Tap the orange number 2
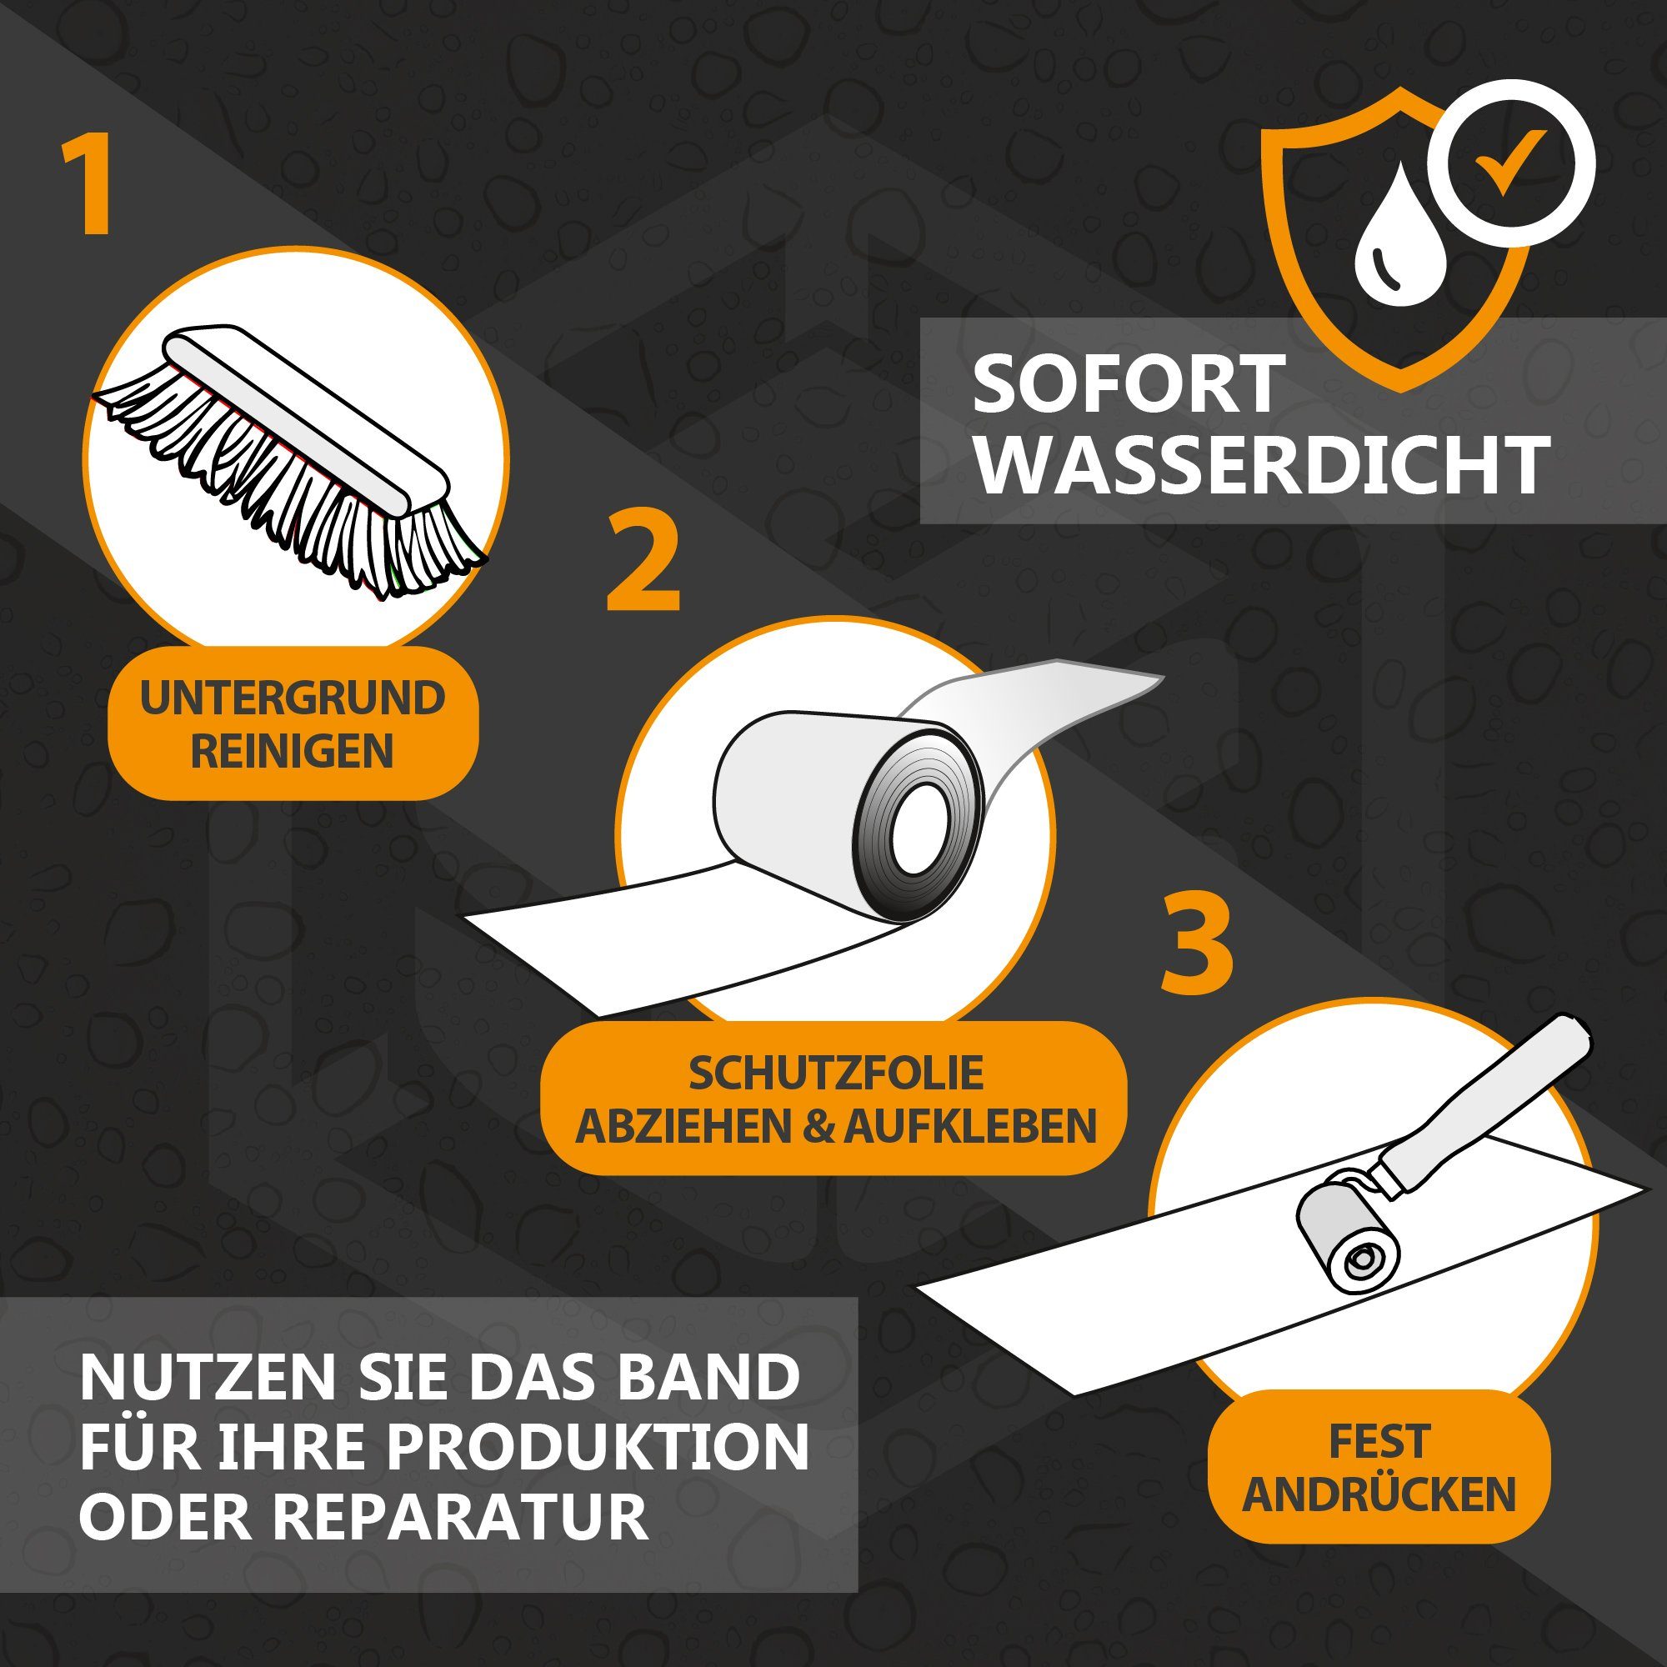coord(643,562)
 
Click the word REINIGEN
coord(292,751)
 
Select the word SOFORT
coord(1127,386)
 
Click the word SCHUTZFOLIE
coord(835,1074)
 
